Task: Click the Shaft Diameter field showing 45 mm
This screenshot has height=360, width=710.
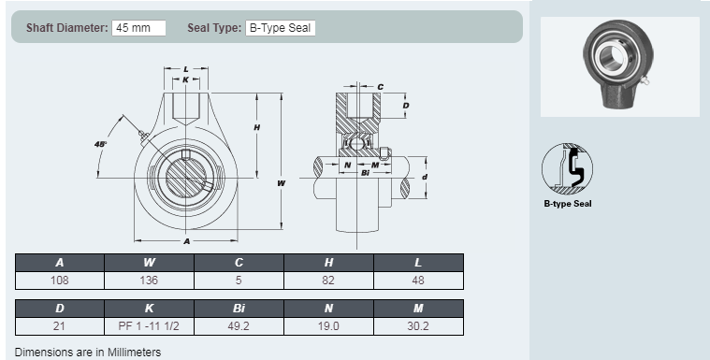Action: (x=138, y=28)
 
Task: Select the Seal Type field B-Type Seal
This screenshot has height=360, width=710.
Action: (x=281, y=28)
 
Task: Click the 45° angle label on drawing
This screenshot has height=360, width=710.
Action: (x=100, y=144)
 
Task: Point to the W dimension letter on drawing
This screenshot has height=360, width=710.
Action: (x=281, y=183)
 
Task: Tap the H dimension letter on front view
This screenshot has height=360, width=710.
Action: (x=256, y=127)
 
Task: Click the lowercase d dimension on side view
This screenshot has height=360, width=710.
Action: (x=425, y=177)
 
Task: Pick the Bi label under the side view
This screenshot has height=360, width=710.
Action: (x=366, y=173)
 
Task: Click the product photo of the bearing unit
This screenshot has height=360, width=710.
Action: (x=619, y=66)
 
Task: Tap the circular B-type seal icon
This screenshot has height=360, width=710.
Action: (x=567, y=168)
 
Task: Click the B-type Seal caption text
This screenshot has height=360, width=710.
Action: (x=568, y=204)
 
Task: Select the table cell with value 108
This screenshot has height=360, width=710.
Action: (x=60, y=281)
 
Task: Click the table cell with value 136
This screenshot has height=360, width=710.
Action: (x=149, y=281)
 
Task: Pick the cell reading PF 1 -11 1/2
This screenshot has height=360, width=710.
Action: (x=149, y=326)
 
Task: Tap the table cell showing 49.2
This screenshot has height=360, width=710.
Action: (x=239, y=326)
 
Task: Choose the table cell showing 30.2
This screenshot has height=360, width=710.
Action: (x=418, y=326)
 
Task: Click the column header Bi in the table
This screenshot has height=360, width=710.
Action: (x=239, y=308)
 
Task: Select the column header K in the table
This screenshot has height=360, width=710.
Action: (x=149, y=308)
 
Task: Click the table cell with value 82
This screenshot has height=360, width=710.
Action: (x=328, y=281)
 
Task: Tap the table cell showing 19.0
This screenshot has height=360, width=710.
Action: (x=328, y=326)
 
